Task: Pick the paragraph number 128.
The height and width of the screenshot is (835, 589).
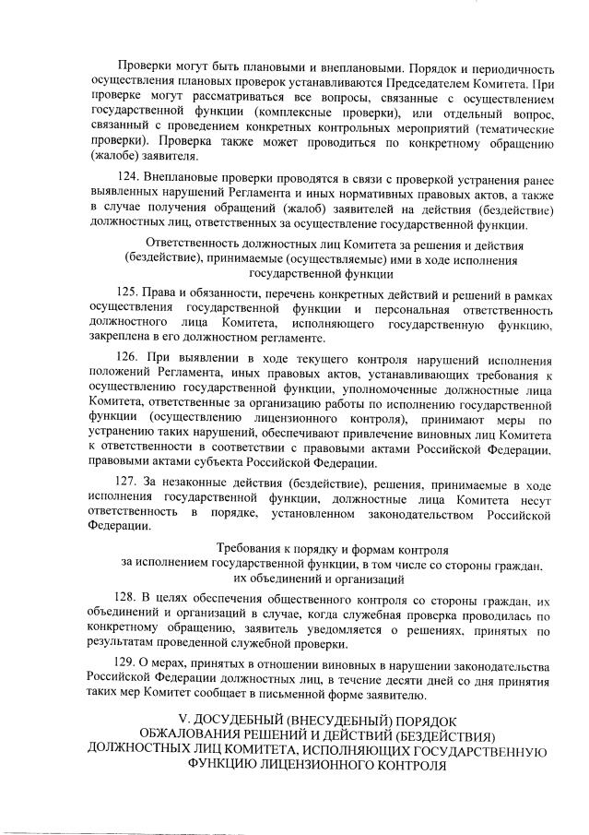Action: point(132,598)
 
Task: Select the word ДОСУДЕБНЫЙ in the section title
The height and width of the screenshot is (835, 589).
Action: point(247,719)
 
